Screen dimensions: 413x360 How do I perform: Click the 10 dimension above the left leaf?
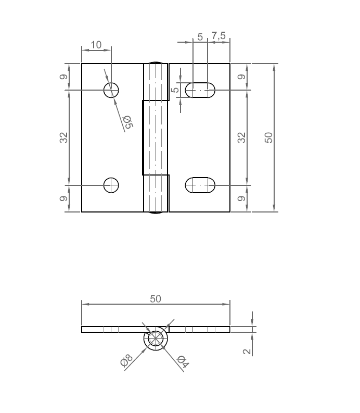coord(96,45)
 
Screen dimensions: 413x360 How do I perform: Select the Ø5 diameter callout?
coord(127,122)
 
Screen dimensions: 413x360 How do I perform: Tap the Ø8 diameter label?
coord(127,360)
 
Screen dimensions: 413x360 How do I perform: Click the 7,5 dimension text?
coord(218,36)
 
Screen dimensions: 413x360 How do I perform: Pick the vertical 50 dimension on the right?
coord(268,137)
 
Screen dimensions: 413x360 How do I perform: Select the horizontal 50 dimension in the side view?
coord(156,298)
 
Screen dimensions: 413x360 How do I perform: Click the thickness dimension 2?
coord(247,351)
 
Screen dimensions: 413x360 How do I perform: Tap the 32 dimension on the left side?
coord(63,137)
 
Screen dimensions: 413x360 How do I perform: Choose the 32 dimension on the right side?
coord(241,137)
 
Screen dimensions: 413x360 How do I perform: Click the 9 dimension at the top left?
coord(63,77)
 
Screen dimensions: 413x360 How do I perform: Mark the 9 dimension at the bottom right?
coord(241,199)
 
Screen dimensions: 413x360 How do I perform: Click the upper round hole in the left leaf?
coord(111,90)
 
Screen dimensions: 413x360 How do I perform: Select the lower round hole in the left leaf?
coord(111,185)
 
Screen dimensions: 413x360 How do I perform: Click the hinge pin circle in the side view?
coord(156,339)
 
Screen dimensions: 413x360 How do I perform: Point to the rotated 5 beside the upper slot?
coord(175,90)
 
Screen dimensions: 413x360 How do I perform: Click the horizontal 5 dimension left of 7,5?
coord(200,36)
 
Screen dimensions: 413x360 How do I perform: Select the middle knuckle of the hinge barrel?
coord(156,137)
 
